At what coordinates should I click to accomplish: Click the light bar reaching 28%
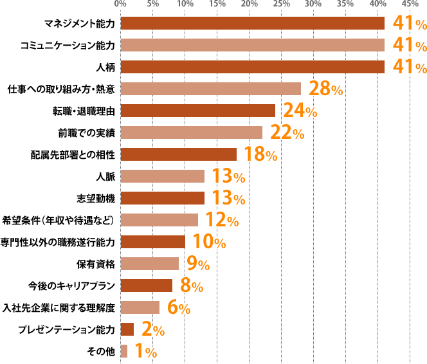210,89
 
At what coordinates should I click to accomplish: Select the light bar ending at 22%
191,132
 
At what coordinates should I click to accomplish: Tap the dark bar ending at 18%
178,154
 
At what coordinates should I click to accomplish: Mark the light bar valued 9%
149,264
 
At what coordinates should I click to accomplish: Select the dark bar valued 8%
146,286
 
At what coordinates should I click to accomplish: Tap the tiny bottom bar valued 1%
123,351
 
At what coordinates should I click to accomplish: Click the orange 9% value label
198,264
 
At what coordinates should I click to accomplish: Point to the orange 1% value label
146,352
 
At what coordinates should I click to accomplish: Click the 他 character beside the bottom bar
111,351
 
